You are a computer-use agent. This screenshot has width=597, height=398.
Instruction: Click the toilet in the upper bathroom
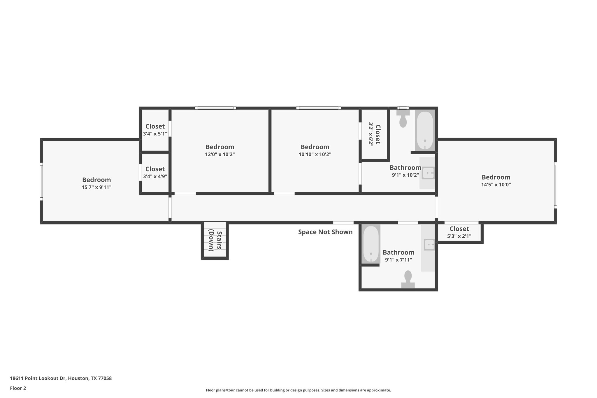(403, 119)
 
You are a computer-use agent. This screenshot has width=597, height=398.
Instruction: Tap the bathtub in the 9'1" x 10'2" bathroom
(425, 130)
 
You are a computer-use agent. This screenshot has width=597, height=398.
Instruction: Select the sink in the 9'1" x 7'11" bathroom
(429, 244)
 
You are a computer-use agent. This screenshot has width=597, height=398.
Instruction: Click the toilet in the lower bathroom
(408, 279)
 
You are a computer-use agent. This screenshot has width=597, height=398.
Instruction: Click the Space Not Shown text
(325, 232)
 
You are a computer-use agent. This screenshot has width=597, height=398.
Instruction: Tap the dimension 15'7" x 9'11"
(96, 187)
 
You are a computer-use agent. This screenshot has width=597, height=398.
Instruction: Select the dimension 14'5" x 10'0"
(496, 184)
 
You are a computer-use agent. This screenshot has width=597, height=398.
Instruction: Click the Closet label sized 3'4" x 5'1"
(155, 126)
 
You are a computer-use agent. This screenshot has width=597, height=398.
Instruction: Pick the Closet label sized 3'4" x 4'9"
(155, 169)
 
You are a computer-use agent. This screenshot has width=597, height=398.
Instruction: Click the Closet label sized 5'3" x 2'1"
(459, 229)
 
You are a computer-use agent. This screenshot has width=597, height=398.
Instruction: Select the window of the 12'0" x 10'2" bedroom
(215, 108)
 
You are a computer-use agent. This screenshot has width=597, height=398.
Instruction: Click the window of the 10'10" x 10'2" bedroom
(319, 108)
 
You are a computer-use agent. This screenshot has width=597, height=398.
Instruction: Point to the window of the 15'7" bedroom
(41, 181)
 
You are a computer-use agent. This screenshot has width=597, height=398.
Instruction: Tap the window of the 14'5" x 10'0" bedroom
(556, 185)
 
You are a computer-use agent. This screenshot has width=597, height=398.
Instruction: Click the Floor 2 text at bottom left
(18, 388)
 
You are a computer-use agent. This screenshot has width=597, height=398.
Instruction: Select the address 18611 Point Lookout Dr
(61, 378)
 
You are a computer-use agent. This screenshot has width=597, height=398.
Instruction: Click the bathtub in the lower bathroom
(371, 244)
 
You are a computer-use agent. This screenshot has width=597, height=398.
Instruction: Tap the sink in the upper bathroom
(428, 173)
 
